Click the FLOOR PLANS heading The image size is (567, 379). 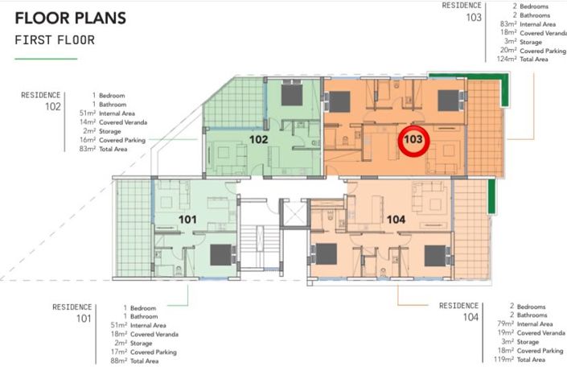pyautogui.click(x=71, y=18)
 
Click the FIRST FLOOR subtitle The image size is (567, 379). pyautogui.click(x=55, y=39)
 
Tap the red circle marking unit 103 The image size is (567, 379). pyautogui.click(x=413, y=141)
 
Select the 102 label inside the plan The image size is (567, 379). pyautogui.click(x=258, y=139)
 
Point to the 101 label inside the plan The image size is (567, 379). pyautogui.click(x=187, y=219)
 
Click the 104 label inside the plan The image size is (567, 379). pyautogui.click(x=396, y=219)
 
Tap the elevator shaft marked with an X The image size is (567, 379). pyautogui.click(x=294, y=213)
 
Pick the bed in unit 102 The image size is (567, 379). pyautogui.click(x=292, y=95)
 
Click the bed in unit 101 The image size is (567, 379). pyautogui.click(x=221, y=255)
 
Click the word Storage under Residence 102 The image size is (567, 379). pyautogui.click(x=110, y=131)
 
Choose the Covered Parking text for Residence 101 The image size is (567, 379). pyautogui.click(x=154, y=352)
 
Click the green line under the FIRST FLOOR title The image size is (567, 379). pyautogui.click(x=46, y=59)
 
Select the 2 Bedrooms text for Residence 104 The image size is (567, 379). pyautogui.click(x=528, y=307)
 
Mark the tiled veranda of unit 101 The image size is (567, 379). pyautogui.click(x=134, y=229)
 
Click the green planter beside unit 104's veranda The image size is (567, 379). pyautogui.click(x=491, y=196)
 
